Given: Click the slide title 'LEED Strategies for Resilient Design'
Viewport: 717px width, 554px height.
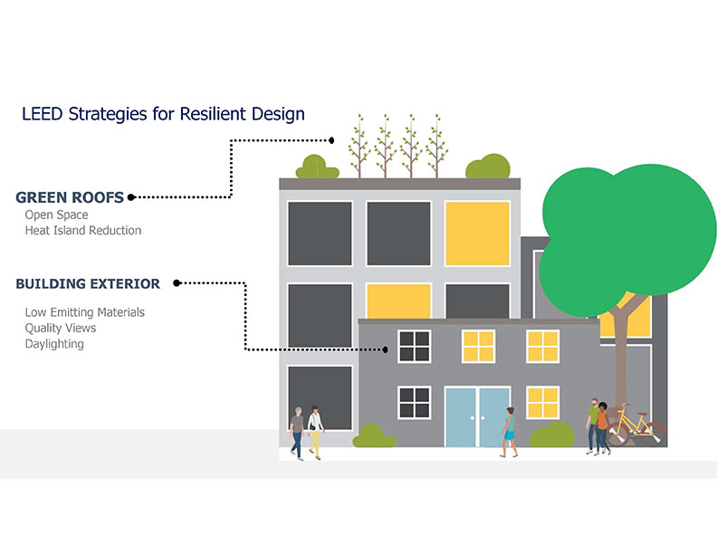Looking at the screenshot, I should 163,115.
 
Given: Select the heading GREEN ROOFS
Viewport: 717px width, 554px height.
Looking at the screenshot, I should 71,197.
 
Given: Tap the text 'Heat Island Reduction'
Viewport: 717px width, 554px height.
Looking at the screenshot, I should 83,231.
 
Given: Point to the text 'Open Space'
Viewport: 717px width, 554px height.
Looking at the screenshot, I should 56,215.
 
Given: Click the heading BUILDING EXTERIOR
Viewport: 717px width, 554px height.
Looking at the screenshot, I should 88,284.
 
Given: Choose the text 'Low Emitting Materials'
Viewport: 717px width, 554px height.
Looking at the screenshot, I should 85,312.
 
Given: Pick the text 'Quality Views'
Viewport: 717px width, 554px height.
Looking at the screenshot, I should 61,328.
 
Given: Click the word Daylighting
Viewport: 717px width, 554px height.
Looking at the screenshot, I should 54,344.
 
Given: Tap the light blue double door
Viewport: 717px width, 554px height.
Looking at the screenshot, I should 477,416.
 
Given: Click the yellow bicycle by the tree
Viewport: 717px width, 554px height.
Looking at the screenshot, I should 636,427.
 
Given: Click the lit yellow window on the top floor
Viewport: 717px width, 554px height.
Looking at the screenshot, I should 477,233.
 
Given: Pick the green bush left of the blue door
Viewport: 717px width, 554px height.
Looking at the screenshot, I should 374,436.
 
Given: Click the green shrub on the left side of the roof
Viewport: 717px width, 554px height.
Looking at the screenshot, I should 314,167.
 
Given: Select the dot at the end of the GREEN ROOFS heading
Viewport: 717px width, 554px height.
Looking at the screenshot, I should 131,196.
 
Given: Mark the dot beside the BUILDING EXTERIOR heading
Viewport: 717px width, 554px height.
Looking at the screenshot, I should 177,283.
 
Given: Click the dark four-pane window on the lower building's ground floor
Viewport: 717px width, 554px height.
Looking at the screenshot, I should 414,403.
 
